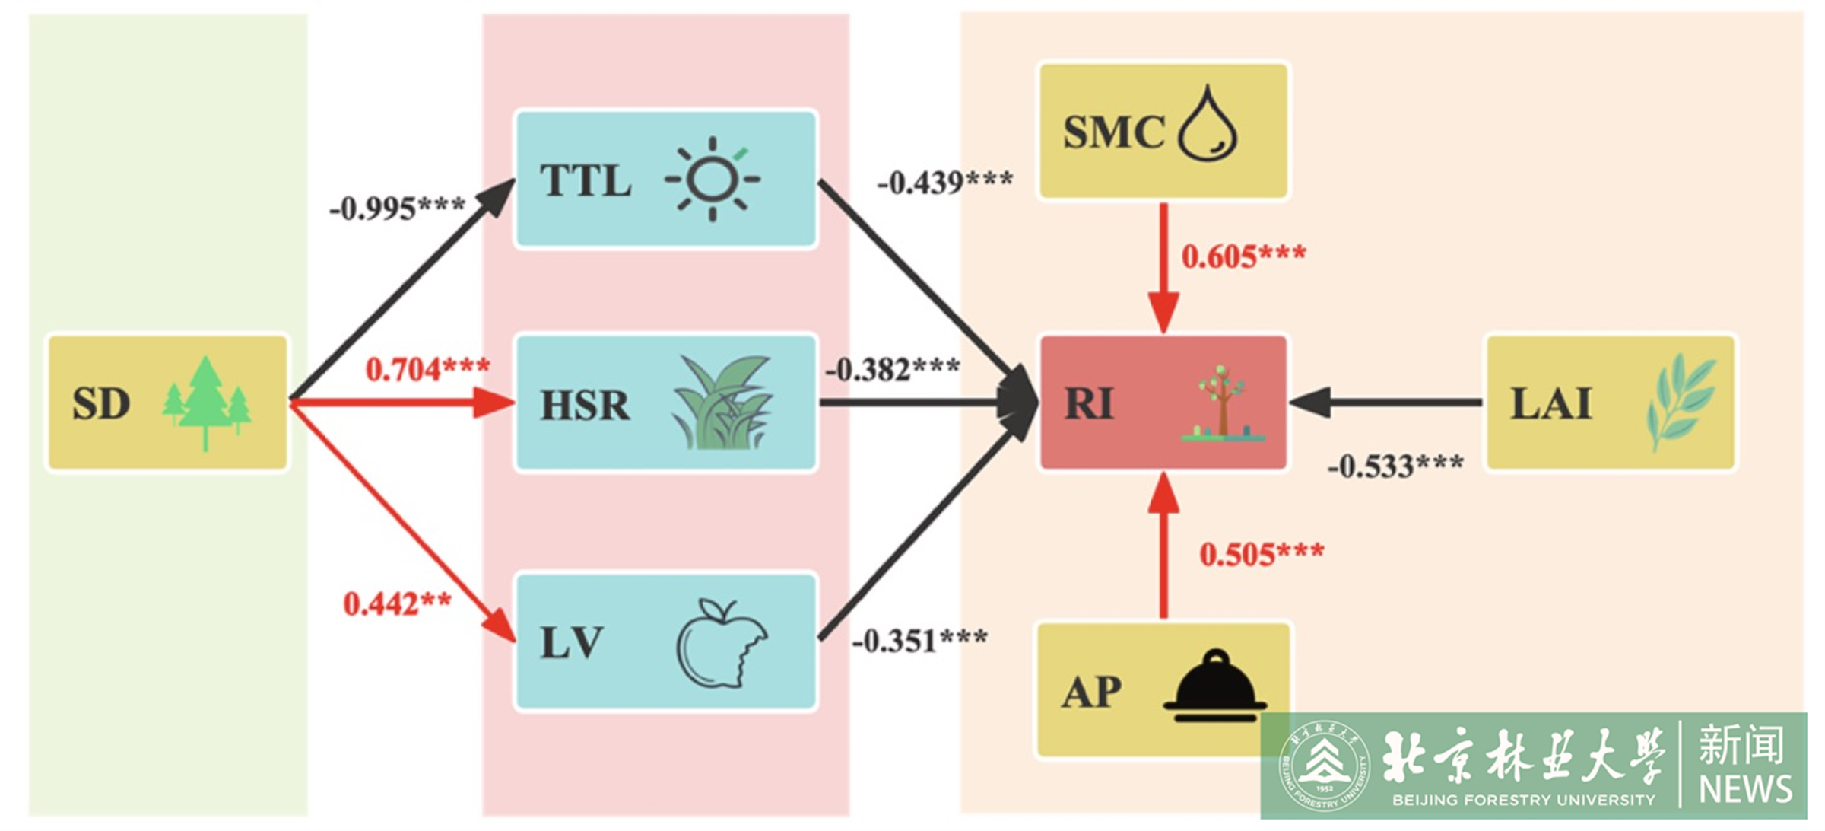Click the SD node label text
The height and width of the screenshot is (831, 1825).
pos(101,403)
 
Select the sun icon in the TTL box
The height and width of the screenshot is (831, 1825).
pos(713,180)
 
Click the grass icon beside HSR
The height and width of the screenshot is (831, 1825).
pos(722,403)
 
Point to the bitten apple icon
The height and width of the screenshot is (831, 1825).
pos(721,644)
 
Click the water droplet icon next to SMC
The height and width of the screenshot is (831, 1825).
pos(1208,126)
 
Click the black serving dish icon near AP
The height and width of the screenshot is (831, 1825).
pos(1214,687)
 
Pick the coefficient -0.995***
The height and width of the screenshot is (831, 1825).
pos(397,208)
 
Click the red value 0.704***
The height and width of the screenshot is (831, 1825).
pos(427,370)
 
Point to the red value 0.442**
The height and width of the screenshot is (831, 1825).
pos(397,604)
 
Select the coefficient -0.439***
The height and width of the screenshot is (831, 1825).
pos(944,183)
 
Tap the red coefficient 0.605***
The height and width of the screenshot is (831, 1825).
pos(1243,256)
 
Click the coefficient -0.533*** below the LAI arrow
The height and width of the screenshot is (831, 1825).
pos(1395,466)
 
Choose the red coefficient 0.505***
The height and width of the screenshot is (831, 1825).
pos(1262,554)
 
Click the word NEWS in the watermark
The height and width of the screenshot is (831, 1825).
pos(1745,789)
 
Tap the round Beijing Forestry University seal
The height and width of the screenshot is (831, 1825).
pos(1324,766)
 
